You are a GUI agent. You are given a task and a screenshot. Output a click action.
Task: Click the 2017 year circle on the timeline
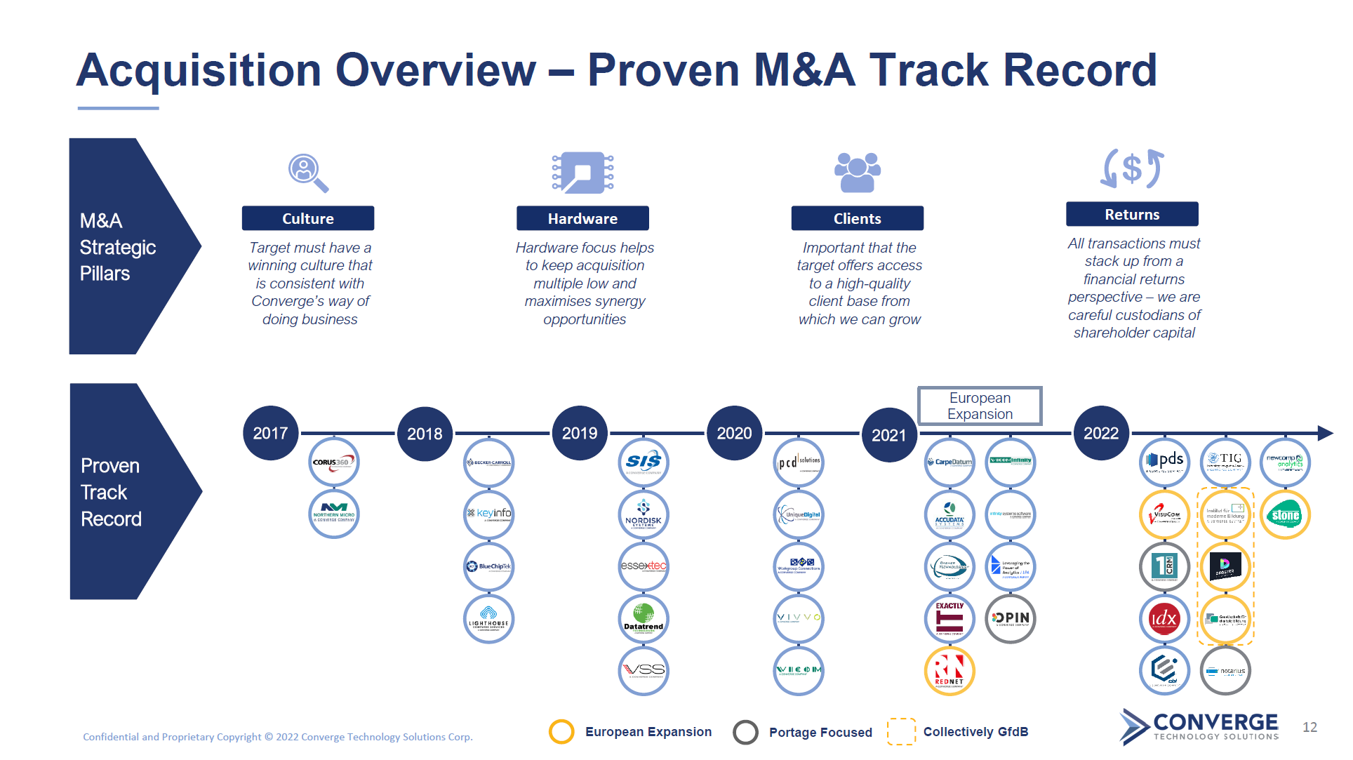coord(270,433)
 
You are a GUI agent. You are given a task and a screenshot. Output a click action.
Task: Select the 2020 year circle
coord(734,433)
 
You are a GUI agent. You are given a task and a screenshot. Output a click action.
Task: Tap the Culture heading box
coord(307,218)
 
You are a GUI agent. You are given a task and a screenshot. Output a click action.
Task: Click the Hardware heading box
coord(582,218)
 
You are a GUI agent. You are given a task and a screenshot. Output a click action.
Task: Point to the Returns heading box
coord(1131,214)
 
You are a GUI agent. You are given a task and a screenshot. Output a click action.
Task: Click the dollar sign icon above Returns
coord(1131,169)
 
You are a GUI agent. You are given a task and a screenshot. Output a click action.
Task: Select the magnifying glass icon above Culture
coord(307,173)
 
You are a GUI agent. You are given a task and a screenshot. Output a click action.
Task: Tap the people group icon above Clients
coord(857,173)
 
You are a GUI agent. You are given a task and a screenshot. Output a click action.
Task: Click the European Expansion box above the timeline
coord(980,406)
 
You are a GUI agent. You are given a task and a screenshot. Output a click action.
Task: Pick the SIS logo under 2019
coord(644,462)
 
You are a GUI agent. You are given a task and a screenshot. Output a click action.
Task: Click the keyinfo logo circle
coord(489,514)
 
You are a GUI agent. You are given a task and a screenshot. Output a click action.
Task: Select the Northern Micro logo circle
coord(334,514)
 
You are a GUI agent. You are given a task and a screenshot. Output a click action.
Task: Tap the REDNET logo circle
coord(949,671)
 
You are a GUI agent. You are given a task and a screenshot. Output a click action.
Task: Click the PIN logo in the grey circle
coord(1011,619)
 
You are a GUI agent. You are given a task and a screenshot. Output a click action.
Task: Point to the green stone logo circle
coord(1285,515)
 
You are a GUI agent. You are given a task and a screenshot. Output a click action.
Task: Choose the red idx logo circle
coord(1164,619)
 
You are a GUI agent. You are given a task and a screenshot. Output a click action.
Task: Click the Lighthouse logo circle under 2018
coord(489,619)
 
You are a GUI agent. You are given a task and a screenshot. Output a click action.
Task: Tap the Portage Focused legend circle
coord(745,732)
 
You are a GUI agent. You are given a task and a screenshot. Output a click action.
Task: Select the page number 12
coord(1309,727)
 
